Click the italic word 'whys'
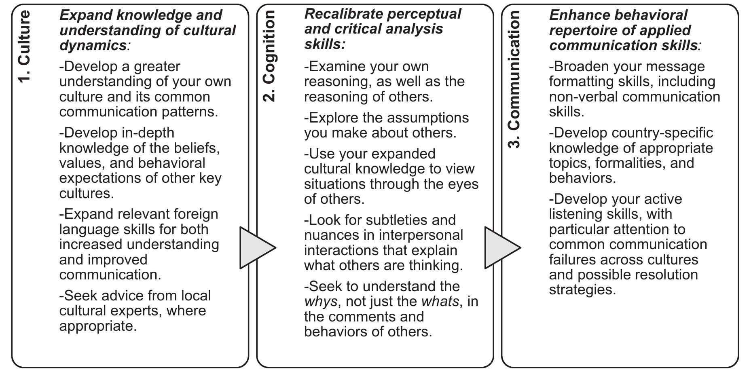pos(320,302)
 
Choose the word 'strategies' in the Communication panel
pos(582,290)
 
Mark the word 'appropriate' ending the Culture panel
pos(97,326)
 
